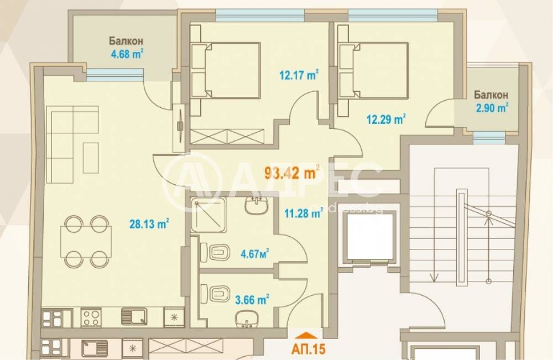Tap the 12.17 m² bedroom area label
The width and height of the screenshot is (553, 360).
299,75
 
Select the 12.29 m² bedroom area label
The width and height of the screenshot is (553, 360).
386,119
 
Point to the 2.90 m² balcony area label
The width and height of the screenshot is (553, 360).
492,107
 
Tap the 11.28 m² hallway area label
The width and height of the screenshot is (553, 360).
303,213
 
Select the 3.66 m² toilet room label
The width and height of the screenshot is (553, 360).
252,300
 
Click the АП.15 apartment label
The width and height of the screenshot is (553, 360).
308,349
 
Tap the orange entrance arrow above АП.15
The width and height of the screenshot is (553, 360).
308,335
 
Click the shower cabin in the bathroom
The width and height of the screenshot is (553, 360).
208,215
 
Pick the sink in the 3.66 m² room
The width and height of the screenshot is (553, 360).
246,319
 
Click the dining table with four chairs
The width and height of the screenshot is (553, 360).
86,242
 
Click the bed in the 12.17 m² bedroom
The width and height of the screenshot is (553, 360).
226,70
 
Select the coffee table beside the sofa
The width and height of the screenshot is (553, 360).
91,158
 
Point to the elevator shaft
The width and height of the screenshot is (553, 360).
369,237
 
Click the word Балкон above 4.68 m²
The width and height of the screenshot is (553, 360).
126,41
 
